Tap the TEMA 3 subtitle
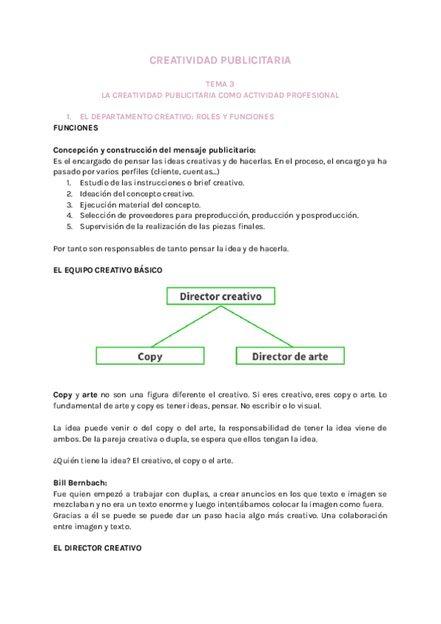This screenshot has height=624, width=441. coord(220,85)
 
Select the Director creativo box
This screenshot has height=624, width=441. coord(220,296)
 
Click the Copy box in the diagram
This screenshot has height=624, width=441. coord(150,356)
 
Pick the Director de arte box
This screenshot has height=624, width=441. coord(290,356)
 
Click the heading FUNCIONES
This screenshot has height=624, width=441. coord(76,128)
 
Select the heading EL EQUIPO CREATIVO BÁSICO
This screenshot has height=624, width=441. coord(108,270)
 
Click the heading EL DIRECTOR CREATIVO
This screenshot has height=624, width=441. coord(98,548)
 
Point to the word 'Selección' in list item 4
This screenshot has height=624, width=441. coord(98,216)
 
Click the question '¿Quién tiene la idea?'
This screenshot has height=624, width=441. coord(98,461)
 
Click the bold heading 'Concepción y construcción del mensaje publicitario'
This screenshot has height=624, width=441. coord(154,150)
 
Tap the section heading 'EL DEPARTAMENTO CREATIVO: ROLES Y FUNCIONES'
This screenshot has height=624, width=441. coord(176,117)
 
